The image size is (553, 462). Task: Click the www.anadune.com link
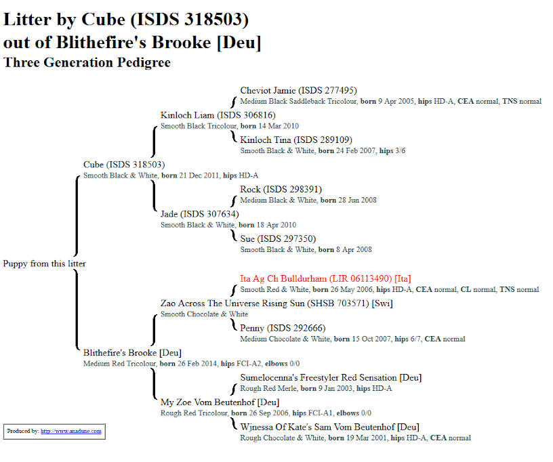point(70,431)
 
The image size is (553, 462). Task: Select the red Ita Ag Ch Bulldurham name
point(325,278)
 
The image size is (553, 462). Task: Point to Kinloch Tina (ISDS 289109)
point(296,140)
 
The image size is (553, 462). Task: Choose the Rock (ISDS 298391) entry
point(281,189)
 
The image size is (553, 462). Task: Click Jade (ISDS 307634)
point(199,214)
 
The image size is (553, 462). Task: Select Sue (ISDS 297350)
point(278,238)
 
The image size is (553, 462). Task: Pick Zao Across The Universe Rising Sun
point(276,303)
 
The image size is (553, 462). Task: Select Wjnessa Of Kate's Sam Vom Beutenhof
point(329,427)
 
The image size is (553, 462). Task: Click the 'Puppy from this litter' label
point(45,264)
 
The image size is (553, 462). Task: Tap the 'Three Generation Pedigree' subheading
point(87,62)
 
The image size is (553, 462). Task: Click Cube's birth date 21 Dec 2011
point(198,175)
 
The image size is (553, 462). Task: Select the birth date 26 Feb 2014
point(197,364)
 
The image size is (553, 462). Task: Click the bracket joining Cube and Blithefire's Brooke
point(77,264)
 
